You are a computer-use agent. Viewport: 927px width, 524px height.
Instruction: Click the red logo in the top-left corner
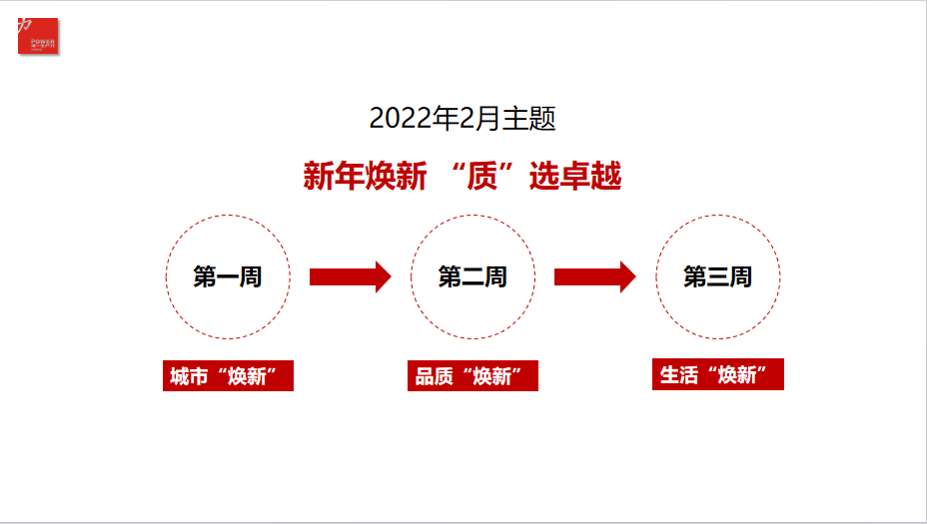click(38, 36)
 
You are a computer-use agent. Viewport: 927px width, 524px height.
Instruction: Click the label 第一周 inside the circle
click(228, 276)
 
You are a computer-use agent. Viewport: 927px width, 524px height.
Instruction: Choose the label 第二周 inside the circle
click(472, 276)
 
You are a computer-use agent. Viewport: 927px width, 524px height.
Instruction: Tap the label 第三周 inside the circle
click(717, 276)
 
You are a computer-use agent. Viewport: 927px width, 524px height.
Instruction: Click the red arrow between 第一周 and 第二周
click(349, 276)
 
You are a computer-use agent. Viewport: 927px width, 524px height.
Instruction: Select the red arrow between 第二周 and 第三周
click(593, 276)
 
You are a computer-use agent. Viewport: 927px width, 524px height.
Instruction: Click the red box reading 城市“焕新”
click(228, 376)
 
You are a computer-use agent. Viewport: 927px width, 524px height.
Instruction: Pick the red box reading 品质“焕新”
click(472, 376)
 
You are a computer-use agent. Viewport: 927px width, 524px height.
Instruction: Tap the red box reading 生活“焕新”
click(717, 374)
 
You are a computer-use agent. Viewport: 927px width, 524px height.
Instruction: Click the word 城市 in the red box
click(189, 376)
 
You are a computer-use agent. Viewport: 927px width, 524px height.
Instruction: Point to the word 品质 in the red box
click(434, 376)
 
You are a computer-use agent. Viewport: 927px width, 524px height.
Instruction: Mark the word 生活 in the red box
click(678, 374)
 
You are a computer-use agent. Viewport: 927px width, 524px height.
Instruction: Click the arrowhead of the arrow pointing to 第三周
click(627, 276)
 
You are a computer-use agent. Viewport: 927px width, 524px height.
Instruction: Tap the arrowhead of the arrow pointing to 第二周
click(383, 276)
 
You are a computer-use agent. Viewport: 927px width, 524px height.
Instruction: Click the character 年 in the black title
click(446, 119)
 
